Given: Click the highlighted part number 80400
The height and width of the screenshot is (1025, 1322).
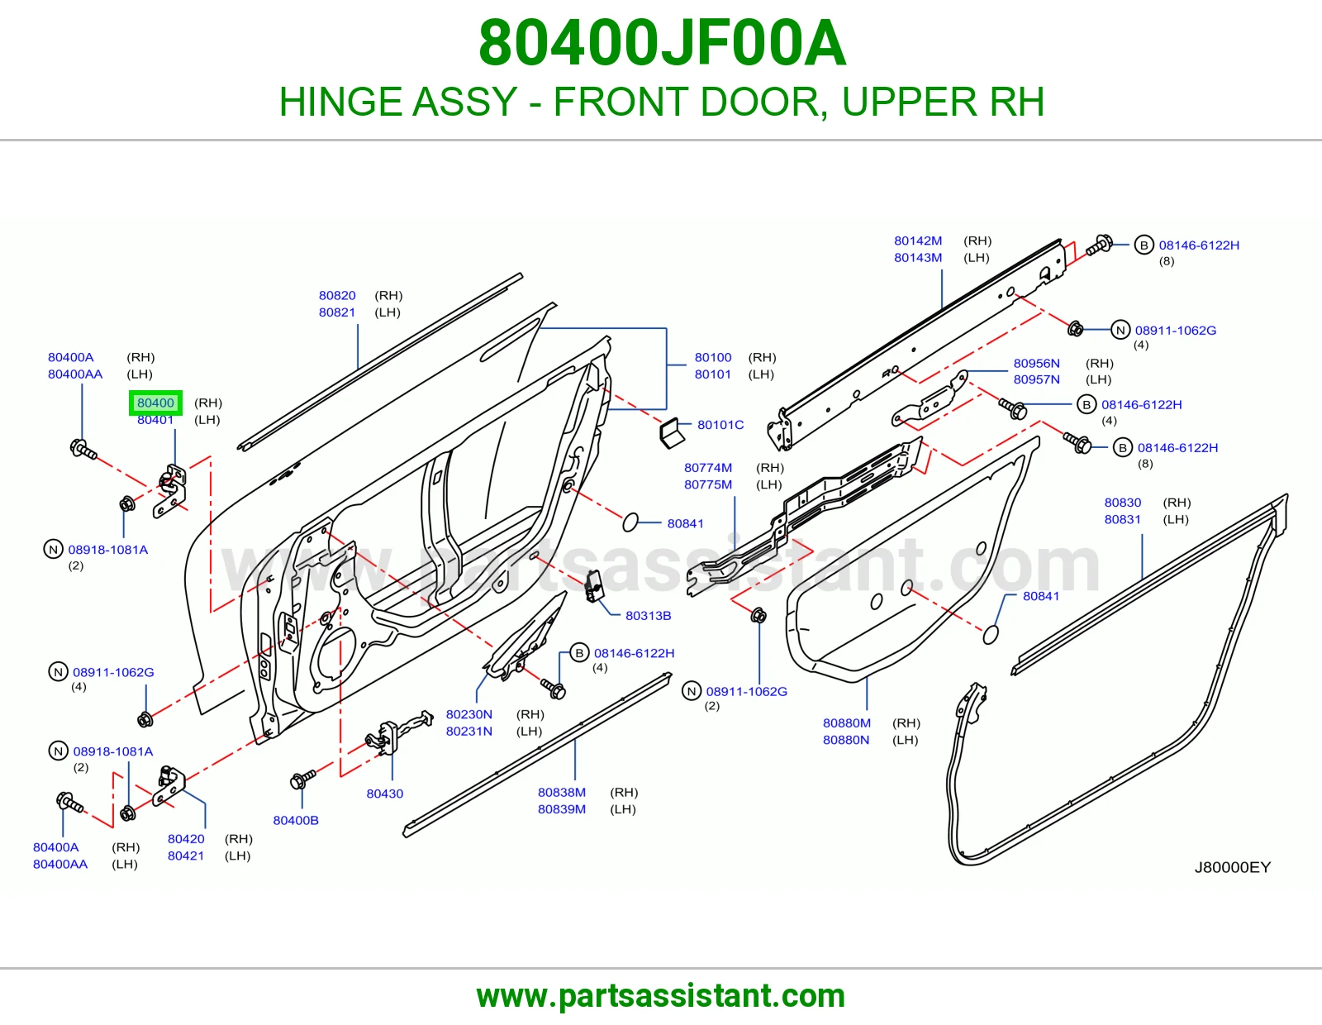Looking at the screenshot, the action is click(155, 403).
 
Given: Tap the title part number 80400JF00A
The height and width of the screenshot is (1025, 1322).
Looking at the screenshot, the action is click(662, 43).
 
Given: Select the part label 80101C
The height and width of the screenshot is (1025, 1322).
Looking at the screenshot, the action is click(720, 424).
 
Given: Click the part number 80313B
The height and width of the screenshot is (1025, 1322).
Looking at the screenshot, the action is click(648, 615).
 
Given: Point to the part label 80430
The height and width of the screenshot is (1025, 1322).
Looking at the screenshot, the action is click(384, 793).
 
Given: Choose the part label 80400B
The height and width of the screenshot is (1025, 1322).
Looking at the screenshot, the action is click(296, 820).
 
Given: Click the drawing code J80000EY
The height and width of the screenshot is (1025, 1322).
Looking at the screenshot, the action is click(1233, 867).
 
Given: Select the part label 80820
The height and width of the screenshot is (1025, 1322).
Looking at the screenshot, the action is click(337, 295).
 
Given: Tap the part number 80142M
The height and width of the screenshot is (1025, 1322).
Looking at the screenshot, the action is click(917, 241).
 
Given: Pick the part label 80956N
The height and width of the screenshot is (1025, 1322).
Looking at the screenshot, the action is click(1036, 363).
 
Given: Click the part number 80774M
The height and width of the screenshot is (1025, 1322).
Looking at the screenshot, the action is click(707, 468).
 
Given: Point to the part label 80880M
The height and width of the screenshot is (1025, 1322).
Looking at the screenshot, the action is click(846, 722).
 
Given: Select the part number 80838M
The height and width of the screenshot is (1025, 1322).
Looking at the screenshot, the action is click(562, 792).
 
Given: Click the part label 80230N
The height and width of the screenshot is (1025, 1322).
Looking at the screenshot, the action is click(469, 714).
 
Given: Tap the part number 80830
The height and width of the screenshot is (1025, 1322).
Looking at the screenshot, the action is click(1122, 502).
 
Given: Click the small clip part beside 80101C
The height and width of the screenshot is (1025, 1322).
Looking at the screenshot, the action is click(672, 432).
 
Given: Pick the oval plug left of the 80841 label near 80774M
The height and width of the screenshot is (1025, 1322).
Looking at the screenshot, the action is click(630, 522).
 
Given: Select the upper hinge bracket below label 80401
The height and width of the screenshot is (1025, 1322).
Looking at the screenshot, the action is click(169, 490).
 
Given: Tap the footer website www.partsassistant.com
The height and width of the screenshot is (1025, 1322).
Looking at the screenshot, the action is click(661, 996).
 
